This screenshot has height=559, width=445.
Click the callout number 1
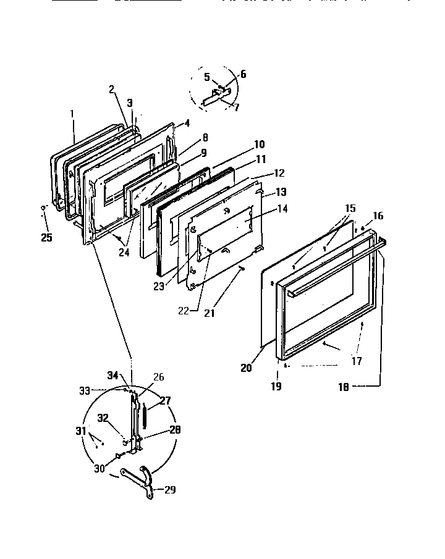(72, 114)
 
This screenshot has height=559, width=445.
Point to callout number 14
(282, 209)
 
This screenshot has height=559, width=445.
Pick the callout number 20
(246, 368)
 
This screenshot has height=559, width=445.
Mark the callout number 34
(112, 375)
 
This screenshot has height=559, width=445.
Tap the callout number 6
(243, 74)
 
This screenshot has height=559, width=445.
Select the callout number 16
(378, 216)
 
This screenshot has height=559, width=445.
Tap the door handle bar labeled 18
(334, 265)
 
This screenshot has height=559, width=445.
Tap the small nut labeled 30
(117, 456)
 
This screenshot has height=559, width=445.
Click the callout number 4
(187, 122)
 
